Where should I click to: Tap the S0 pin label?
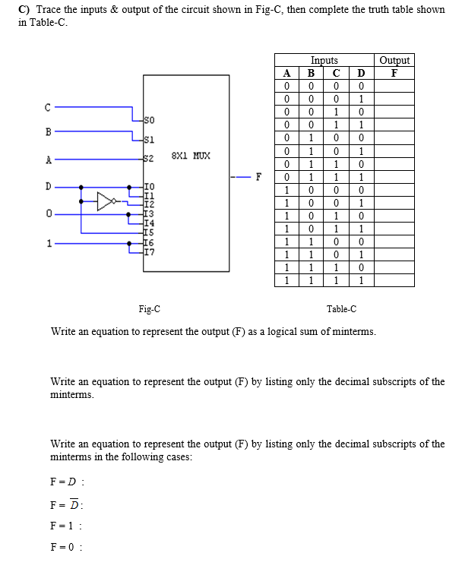click(149, 120)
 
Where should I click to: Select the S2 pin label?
click(149, 159)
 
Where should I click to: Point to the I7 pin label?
click(150, 252)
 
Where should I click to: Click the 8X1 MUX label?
click(191, 156)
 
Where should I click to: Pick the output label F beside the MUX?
click(258, 177)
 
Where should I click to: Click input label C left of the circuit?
click(48, 107)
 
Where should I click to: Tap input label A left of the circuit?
click(49, 160)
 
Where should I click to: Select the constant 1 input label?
click(49, 243)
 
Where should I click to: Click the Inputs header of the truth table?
click(324, 60)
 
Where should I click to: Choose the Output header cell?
click(394, 60)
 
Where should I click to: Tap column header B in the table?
click(311, 73)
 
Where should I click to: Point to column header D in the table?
click(362, 73)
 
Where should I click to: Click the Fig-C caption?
click(150, 309)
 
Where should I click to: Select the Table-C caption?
click(341, 309)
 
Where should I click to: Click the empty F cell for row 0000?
click(394, 86)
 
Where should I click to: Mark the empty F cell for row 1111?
click(394, 280)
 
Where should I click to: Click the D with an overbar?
click(74, 504)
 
